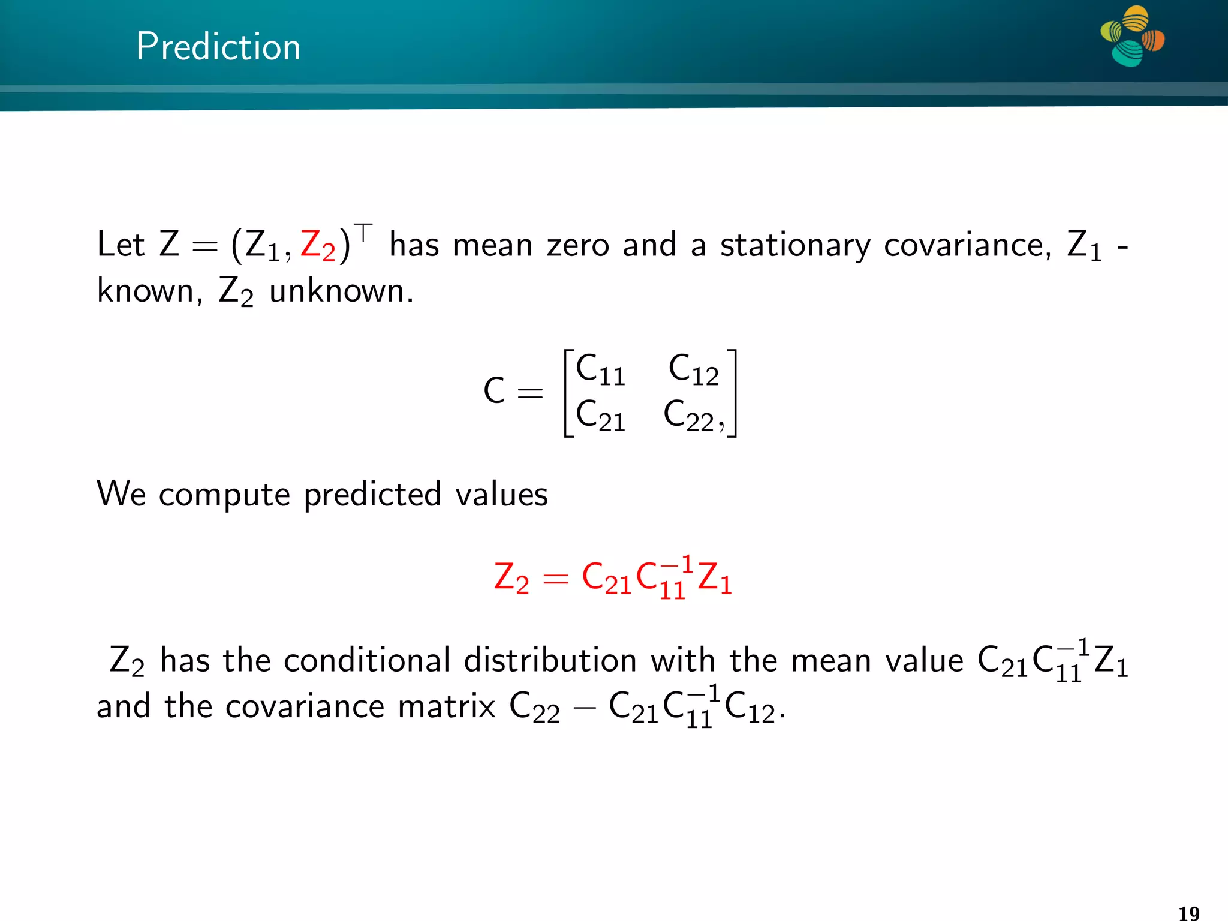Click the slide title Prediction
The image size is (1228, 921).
pyautogui.click(x=218, y=47)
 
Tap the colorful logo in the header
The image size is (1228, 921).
pyautogui.click(x=1132, y=36)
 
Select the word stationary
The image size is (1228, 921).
pyautogui.click(x=794, y=246)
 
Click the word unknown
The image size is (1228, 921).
pyautogui.click(x=341, y=292)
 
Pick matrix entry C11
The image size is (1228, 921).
pyautogui.click(x=600, y=370)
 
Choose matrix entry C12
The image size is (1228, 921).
pyautogui.click(x=693, y=370)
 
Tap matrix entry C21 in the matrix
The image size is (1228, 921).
pyautogui.click(x=600, y=416)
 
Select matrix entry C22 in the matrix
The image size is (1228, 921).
pyautogui.click(x=690, y=416)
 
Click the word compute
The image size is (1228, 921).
pyautogui.click(x=224, y=495)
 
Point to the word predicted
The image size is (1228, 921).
pyautogui.click(x=372, y=495)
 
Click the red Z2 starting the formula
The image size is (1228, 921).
pyautogui.click(x=511, y=578)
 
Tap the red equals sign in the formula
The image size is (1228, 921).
pyautogui.click(x=555, y=579)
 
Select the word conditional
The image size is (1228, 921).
pyautogui.click(x=367, y=661)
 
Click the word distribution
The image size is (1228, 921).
pyautogui.click(x=550, y=661)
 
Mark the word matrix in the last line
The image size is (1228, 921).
pyautogui.click(x=446, y=706)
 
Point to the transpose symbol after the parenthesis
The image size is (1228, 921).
pyautogui.click(x=363, y=231)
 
